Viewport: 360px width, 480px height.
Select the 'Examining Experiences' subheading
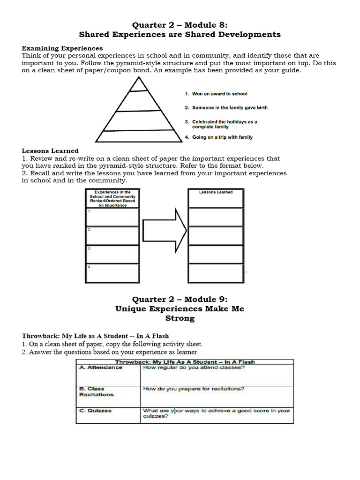62,48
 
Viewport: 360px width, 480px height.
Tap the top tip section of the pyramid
138,84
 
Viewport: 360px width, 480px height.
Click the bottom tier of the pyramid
138,136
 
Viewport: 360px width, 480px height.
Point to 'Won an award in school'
219,94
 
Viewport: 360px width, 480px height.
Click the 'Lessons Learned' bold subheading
50,151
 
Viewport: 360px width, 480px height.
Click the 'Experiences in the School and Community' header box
112,199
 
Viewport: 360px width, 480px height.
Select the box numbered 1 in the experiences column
112,217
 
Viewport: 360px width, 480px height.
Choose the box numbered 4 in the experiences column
112,273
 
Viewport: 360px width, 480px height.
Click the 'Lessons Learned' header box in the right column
216,198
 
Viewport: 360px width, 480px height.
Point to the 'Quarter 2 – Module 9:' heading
180,299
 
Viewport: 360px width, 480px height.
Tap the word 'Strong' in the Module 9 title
180,318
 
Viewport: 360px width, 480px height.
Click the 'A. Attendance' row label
101,367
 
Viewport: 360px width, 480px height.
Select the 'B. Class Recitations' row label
96,391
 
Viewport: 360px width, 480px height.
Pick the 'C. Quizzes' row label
96,411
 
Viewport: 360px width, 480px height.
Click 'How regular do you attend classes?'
194,367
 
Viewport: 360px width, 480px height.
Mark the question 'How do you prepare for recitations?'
193,389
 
